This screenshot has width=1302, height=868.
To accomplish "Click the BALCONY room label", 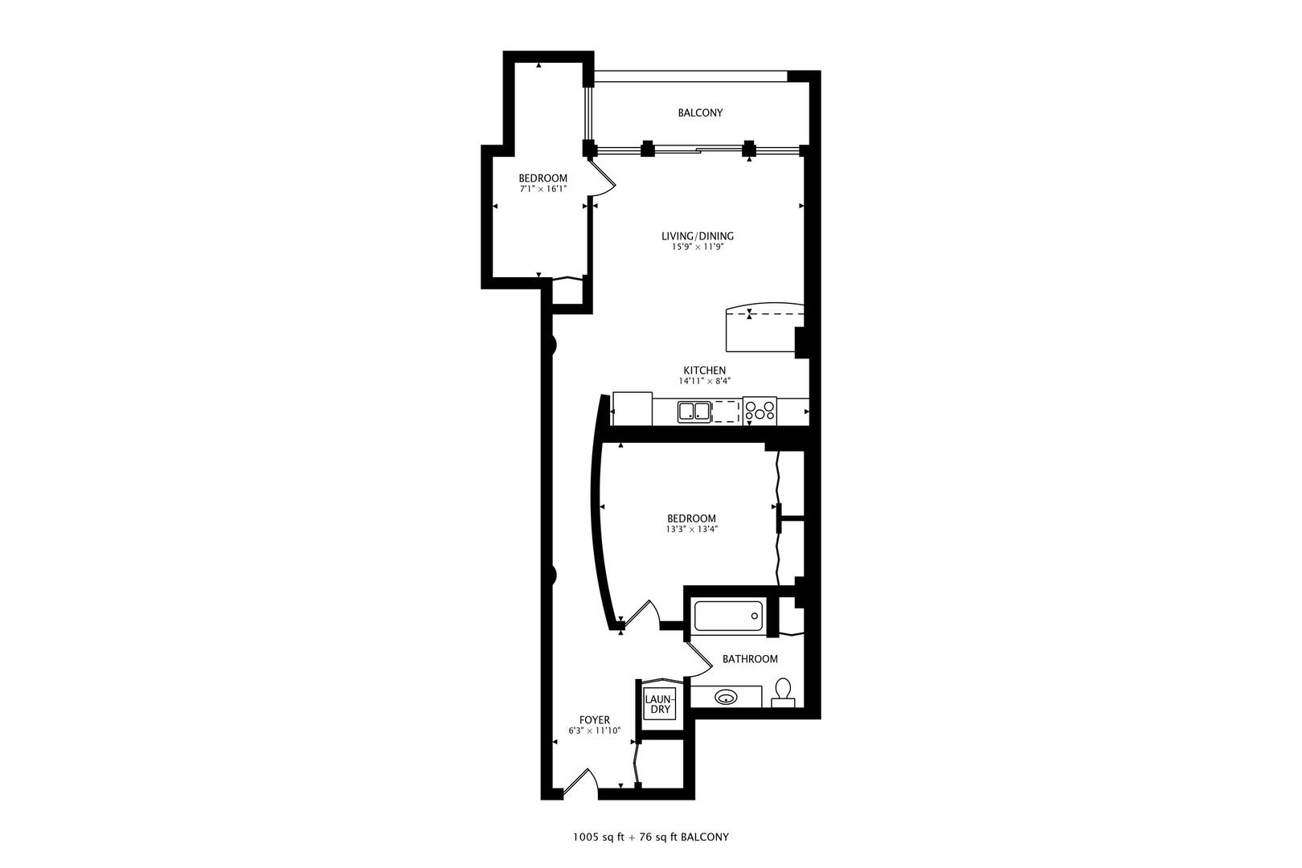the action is tap(700, 113).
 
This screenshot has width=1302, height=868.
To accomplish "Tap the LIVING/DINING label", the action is tap(698, 236).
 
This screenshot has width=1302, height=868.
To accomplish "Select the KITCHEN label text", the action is tap(704, 371).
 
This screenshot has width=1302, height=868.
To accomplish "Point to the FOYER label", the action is tap(595, 720).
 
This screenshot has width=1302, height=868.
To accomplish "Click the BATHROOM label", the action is tap(750, 659).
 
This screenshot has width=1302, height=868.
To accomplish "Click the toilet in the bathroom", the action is tap(783, 693).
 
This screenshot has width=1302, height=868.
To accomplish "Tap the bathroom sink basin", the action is tap(726, 697).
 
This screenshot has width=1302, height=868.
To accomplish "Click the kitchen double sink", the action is tap(694, 411).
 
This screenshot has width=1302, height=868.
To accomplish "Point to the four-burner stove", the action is tap(759, 411).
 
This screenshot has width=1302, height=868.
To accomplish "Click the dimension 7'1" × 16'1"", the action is tap(542, 190).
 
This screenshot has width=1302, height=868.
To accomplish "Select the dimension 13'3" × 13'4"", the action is tap(692, 530).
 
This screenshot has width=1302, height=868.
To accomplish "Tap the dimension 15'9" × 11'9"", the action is tap(698, 247).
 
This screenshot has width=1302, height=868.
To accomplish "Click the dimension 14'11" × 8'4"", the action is tap(705, 382).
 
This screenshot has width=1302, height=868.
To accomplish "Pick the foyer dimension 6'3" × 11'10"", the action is tap(595, 731).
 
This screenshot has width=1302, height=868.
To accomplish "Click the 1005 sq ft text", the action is tap(598, 837).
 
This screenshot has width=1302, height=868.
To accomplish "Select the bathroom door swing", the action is tap(698, 659).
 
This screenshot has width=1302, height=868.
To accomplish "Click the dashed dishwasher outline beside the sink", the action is tap(726, 411).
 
